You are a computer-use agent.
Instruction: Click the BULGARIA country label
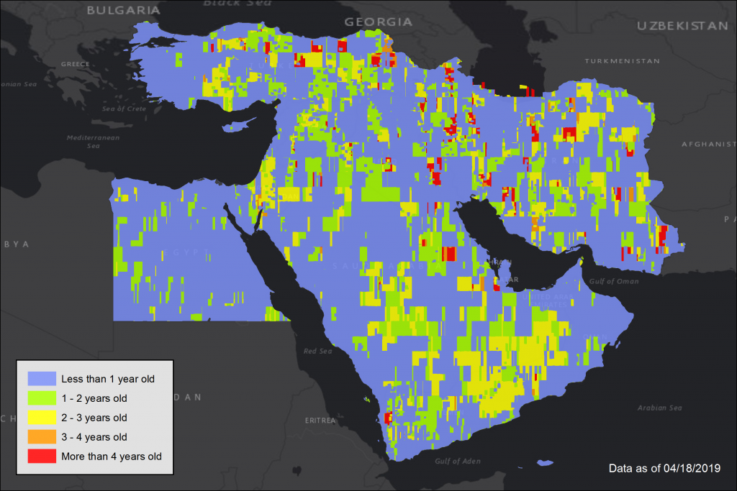123,10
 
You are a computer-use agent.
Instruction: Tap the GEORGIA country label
379,22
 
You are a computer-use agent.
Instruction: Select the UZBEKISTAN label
682,25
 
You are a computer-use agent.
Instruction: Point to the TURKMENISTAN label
621,61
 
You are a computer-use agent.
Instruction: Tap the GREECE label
76,64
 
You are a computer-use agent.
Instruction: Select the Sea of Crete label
124,109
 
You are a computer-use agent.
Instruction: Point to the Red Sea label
317,351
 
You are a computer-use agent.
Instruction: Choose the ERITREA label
321,420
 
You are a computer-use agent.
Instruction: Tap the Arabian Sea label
659,408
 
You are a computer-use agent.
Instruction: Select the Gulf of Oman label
614,281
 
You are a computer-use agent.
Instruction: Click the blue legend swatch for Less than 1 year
42,378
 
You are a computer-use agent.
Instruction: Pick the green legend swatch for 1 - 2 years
42,398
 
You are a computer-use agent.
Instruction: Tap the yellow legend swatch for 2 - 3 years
42,417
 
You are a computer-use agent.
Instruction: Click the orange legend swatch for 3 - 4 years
42,436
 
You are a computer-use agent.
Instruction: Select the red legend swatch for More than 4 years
42,456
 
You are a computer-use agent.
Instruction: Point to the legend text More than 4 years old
112,456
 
